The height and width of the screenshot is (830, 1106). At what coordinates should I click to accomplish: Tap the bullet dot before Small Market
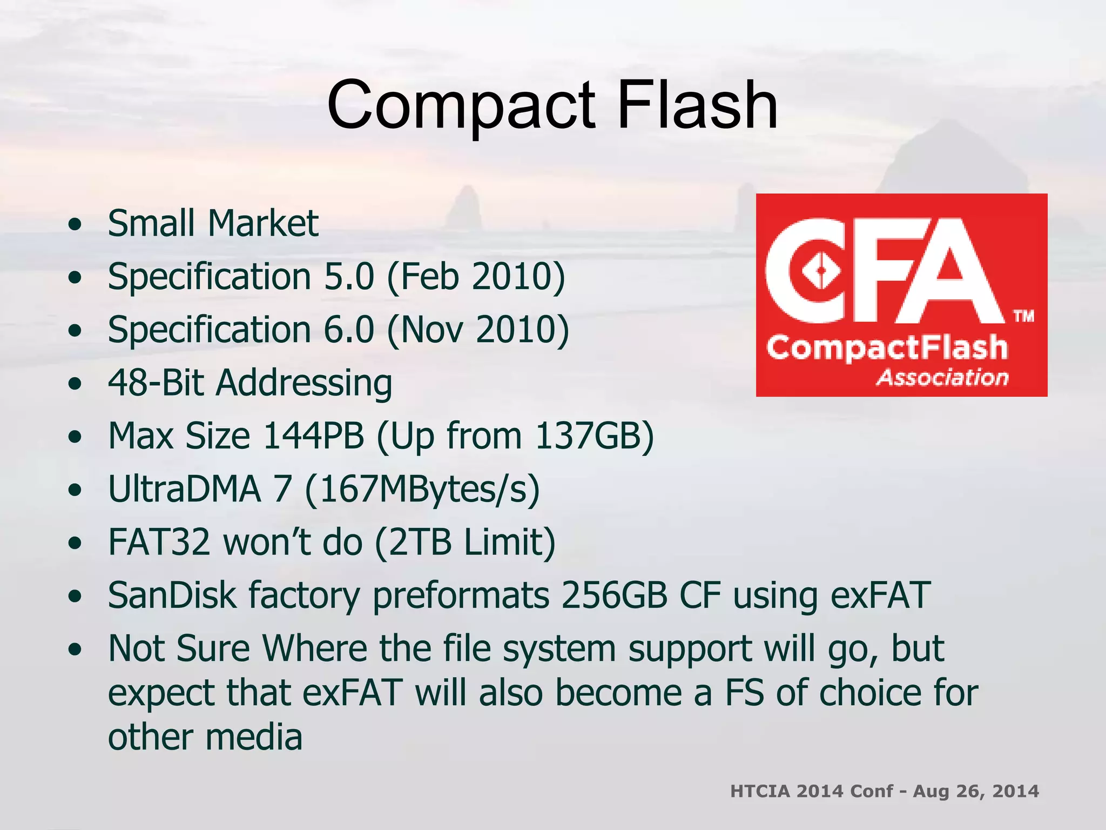(76, 224)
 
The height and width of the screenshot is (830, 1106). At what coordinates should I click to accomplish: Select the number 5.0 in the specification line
(349, 277)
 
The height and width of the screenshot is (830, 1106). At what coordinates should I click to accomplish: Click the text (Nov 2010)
(478, 330)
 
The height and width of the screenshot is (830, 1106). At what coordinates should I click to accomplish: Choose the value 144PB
(313, 436)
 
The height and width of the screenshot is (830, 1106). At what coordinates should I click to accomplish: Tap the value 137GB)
(594, 436)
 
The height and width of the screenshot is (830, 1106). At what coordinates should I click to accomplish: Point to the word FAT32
(159, 541)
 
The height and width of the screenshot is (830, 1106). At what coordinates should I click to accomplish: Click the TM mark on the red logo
(1023, 316)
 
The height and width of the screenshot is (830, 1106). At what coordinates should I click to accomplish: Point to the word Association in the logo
(942, 377)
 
